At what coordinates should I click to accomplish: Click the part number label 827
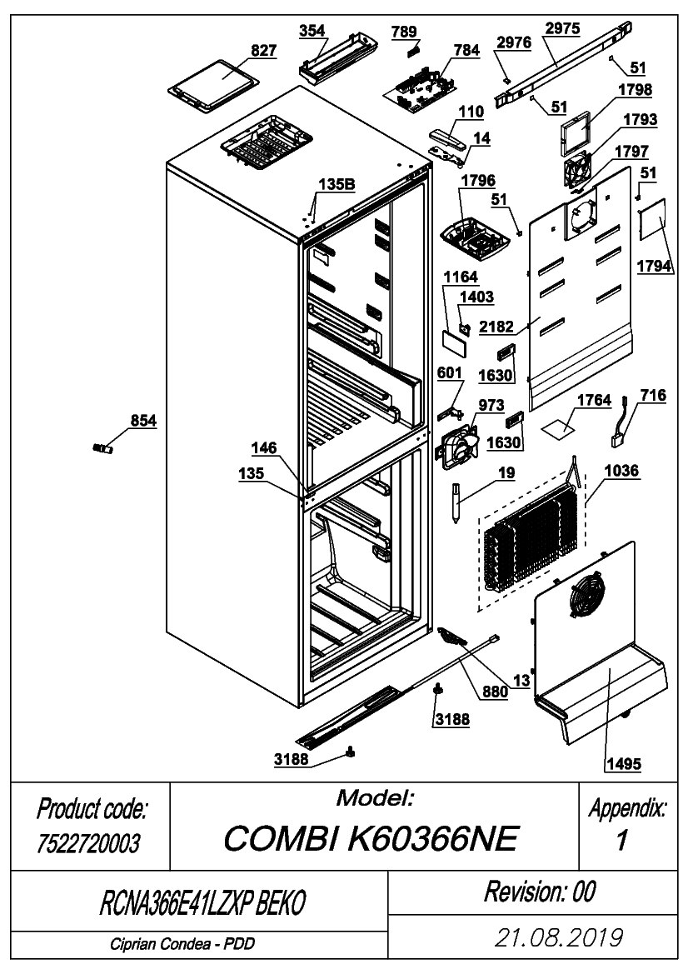pyautogui.click(x=263, y=50)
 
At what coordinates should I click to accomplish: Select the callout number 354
pyautogui.click(x=312, y=31)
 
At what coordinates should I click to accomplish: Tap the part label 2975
pyautogui.click(x=562, y=28)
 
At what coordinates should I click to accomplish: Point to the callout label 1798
pyautogui.click(x=635, y=89)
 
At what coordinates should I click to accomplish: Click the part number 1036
pyautogui.click(x=621, y=470)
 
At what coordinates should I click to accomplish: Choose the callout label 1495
pyautogui.click(x=623, y=763)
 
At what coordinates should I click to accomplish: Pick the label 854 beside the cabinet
pyautogui.click(x=142, y=421)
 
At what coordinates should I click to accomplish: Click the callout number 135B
pyautogui.click(x=337, y=184)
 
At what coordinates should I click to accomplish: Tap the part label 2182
pyautogui.click(x=496, y=326)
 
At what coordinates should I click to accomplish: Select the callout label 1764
pyautogui.click(x=594, y=400)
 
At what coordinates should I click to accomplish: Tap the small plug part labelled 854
pyautogui.click(x=102, y=448)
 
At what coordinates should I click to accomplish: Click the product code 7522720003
pyautogui.click(x=88, y=843)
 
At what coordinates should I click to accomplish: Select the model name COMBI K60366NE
pyautogui.click(x=371, y=838)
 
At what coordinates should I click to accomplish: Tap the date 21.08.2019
pyautogui.click(x=558, y=937)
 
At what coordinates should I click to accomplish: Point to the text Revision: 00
pyautogui.click(x=541, y=892)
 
